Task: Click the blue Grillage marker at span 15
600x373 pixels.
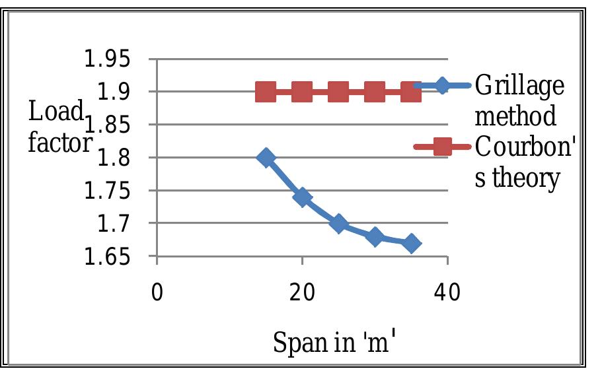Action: (x=266, y=158)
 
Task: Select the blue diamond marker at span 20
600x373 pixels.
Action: (x=302, y=197)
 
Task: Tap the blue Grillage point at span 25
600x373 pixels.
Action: (x=338, y=224)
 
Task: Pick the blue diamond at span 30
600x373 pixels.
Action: (x=375, y=237)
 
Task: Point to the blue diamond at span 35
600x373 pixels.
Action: (x=411, y=244)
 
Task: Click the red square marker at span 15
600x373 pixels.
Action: (x=266, y=92)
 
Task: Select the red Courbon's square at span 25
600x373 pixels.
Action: (x=338, y=92)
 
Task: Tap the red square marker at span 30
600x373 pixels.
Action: (x=375, y=92)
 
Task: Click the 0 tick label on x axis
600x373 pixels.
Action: (x=157, y=292)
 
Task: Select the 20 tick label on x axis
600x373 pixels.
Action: (x=302, y=292)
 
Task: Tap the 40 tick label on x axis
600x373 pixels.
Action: (x=447, y=292)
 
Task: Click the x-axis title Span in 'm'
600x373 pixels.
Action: (x=334, y=342)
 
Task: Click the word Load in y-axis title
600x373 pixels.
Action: (x=56, y=112)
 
